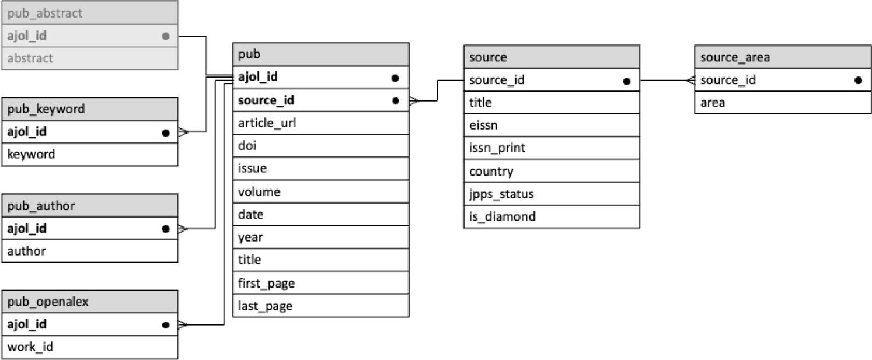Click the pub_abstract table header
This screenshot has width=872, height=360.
(x=89, y=13)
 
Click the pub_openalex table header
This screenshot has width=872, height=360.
(x=89, y=302)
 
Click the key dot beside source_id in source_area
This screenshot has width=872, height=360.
(x=857, y=81)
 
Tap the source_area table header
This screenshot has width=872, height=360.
(x=782, y=57)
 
